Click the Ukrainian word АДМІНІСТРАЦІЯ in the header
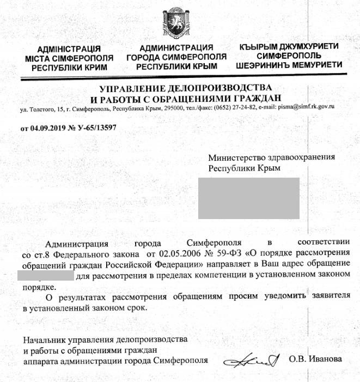[x=69, y=48]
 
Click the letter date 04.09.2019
[x=49, y=129]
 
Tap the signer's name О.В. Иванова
[x=315, y=360]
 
